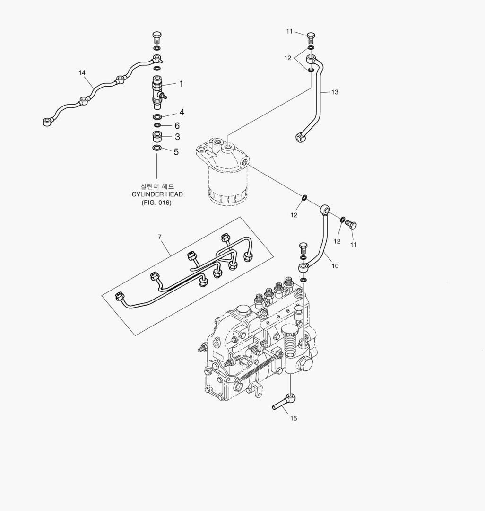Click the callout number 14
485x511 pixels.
click(x=82, y=73)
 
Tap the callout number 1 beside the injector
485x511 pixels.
click(x=181, y=84)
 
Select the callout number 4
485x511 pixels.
click(x=182, y=113)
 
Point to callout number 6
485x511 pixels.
click(x=177, y=126)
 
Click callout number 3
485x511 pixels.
click(x=177, y=137)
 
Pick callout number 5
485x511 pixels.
click(x=176, y=152)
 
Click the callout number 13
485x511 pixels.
click(x=335, y=92)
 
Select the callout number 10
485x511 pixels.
click(x=335, y=266)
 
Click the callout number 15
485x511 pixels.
click(x=294, y=418)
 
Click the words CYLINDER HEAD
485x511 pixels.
click(x=157, y=194)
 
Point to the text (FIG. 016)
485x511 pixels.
click(x=156, y=203)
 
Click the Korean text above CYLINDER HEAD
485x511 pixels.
click(x=157, y=186)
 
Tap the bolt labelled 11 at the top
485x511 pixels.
click(x=311, y=37)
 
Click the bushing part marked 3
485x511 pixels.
click(x=157, y=137)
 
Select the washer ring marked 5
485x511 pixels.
click(x=157, y=148)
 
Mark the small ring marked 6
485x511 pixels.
click(x=157, y=125)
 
